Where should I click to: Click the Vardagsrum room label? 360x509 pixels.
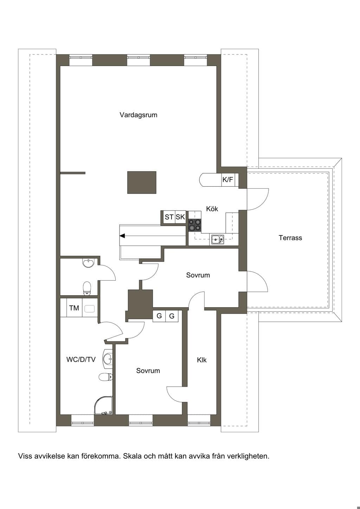139,115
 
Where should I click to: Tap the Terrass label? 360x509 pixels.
290,238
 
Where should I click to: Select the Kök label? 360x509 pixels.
212,208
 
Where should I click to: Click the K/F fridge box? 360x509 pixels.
228,180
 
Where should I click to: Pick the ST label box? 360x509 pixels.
169,217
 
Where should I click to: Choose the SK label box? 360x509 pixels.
180,217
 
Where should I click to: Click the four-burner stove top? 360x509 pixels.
195,225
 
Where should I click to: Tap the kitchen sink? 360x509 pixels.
218,239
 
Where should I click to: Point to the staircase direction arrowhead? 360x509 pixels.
122,236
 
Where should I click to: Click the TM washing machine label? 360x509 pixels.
74,308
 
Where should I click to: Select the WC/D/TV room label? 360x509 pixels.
81,359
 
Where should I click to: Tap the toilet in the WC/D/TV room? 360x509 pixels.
106,376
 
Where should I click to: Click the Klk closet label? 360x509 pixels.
202,360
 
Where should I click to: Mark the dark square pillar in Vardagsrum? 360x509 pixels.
142,182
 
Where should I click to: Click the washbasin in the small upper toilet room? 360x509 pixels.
88,263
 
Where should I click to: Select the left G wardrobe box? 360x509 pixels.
159,316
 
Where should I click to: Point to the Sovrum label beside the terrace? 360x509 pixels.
198,275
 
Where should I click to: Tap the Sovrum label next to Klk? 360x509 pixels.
148,371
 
